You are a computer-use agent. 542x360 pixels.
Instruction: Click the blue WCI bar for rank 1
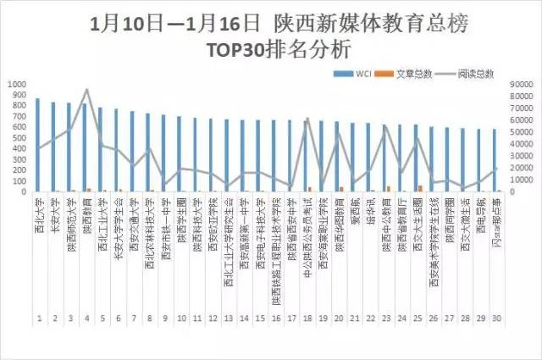(37, 144)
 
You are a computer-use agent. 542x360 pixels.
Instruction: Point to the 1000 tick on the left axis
(18, 85)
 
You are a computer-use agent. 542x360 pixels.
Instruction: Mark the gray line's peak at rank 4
(86, 89)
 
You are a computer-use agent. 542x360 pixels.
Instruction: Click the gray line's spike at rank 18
(307, 118)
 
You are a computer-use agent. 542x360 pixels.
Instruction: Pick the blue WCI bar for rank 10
(179, 153)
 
